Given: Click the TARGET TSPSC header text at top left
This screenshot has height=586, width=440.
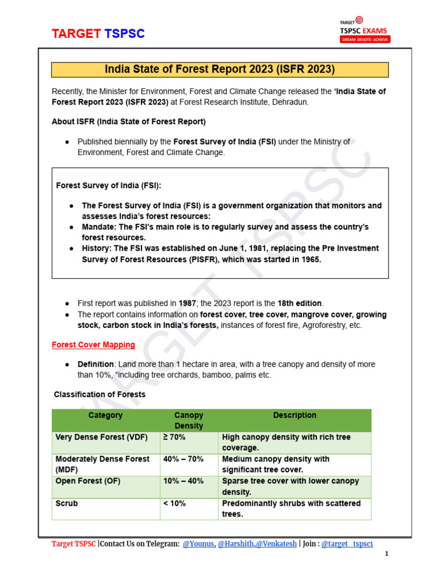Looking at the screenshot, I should point(98,34).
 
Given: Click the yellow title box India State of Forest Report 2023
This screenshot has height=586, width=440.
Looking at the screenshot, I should point(220,69).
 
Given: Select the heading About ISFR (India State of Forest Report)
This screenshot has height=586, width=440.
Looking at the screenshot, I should point(129,122).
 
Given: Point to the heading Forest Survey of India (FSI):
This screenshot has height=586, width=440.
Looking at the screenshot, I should point(108,185).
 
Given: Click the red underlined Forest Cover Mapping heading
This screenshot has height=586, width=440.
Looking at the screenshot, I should point(93,345).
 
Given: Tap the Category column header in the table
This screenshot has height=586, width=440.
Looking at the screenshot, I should point(105,415).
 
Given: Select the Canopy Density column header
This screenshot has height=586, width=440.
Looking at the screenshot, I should point(188,421).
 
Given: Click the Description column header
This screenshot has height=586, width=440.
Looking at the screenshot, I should point(294,415).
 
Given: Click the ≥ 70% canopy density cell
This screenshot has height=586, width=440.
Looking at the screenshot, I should point(174,437).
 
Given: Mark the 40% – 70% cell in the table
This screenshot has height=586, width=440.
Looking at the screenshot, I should point(183,459).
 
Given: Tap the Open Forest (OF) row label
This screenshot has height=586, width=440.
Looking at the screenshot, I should point(88,481).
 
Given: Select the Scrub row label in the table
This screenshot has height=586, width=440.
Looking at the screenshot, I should point(66,504).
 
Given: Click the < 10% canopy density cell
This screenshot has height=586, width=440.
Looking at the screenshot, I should point(174,504).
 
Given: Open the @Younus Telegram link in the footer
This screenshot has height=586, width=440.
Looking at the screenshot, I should point(198,544).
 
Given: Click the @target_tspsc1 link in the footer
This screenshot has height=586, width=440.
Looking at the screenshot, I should point(347,544).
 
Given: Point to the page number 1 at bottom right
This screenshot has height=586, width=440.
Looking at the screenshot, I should point(387,555).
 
